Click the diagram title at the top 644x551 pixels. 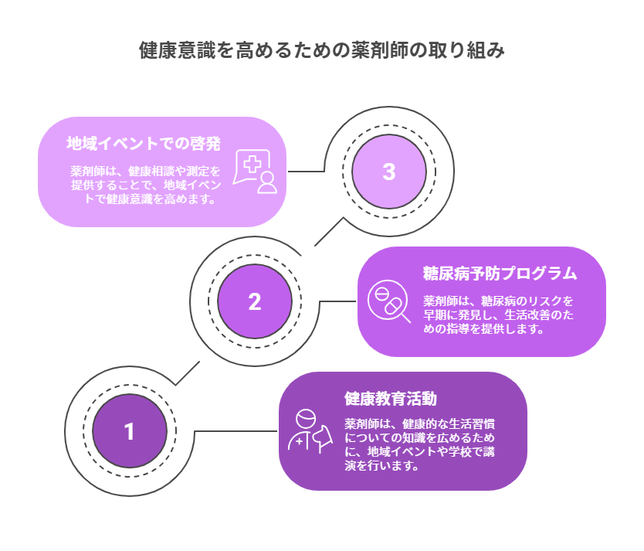click(322, 51)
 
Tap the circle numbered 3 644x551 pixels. click(389, 172)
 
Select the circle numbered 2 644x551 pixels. click(255, 301)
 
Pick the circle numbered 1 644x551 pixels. click(129, 431)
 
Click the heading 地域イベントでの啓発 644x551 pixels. click(144, 143)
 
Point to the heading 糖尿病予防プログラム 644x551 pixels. click(500, 273)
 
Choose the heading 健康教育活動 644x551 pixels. click(391, 399)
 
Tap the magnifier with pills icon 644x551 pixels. click(388, 302)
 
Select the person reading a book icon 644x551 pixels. click(309, 431)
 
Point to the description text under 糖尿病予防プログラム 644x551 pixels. click(498, 315)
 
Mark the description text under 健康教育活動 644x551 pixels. click(420, 444)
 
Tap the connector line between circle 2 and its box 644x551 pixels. click(337, 301)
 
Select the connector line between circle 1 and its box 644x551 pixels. click(236, 431)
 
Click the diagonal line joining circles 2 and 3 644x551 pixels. click(329, 231)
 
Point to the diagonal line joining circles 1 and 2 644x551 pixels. click(187, 373)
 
